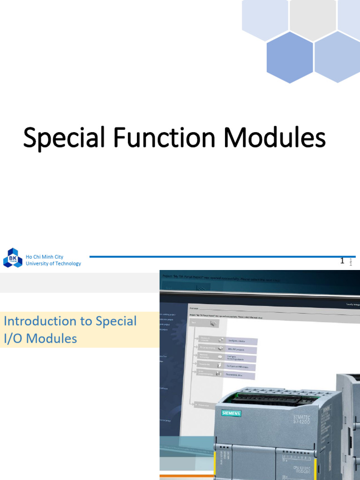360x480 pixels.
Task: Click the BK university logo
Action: (13, 258)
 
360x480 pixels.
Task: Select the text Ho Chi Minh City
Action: (45, 257)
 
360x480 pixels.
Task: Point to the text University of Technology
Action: (53, 263)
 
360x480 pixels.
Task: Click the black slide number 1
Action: (342, 261)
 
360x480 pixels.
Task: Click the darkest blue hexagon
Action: (290, 57)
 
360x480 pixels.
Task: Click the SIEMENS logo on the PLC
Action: (228, 413)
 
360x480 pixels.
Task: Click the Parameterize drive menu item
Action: (240, 375)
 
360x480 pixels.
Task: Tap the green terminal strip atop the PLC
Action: (267, 396)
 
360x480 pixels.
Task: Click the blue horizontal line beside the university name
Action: (211, 256)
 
